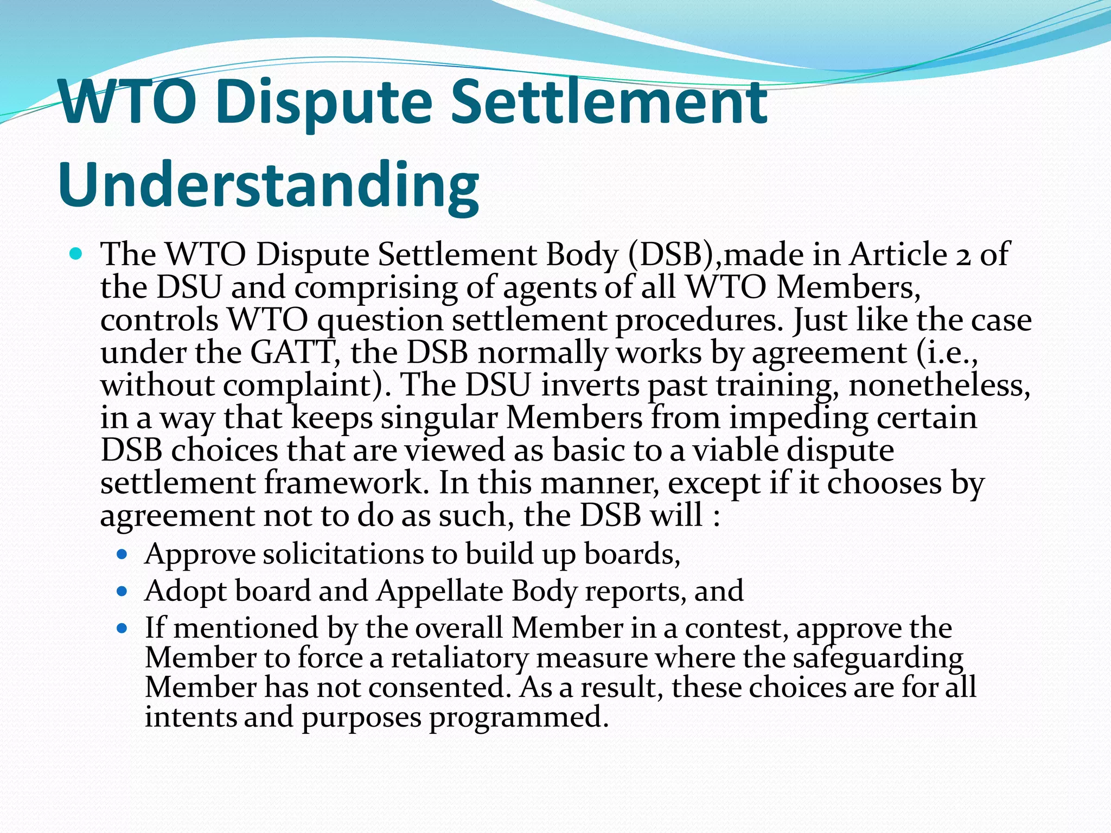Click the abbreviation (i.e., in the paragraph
tap(947, 352)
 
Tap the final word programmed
tap(519, 717)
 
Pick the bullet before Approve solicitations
tap(122, 555)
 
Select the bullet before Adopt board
tap(122, 591)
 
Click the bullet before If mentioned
tap(122, 629)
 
